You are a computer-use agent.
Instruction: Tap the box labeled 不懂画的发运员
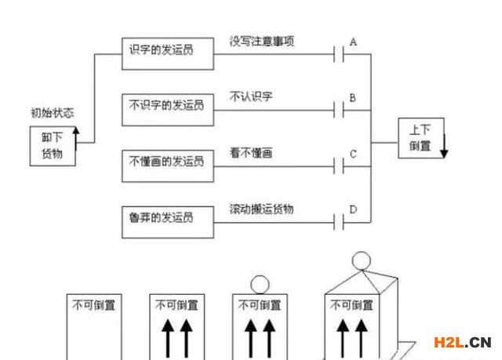pos(168,162)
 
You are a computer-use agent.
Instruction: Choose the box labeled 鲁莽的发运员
pos(168,216)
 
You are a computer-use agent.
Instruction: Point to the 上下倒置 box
pos(420,139)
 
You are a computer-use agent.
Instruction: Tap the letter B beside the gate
pos(353,98)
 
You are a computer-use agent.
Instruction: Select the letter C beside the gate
pos(353,154)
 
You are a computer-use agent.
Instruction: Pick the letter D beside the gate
pos(353,209)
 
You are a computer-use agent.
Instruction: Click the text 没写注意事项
pos(263,41)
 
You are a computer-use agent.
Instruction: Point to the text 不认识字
pos(252,96)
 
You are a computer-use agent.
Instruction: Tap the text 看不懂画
pos(252,152)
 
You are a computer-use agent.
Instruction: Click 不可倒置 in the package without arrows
pos(93,305)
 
